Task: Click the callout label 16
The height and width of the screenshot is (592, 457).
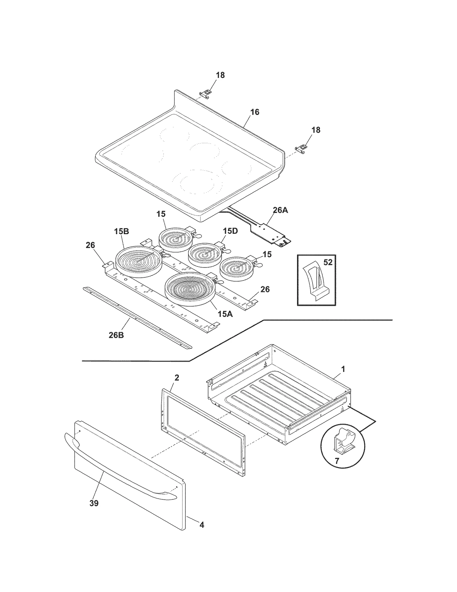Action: point(255,112)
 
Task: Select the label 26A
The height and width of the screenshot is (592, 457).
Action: point(280,210)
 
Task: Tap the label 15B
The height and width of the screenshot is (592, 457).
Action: point(122,232)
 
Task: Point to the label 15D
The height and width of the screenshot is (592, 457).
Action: point(230,231)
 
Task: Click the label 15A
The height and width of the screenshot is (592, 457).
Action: point(225,314)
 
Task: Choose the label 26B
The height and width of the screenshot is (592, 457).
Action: point(116,335)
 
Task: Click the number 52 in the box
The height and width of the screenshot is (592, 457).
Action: point(328,262)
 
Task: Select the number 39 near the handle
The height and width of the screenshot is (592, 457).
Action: point(94,503)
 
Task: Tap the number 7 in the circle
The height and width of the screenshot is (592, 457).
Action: point(337,461)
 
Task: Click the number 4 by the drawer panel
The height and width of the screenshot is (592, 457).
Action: point(202,525)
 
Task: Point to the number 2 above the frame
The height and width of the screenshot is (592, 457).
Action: point(177,378)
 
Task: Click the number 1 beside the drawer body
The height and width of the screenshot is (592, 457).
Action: point(343,369)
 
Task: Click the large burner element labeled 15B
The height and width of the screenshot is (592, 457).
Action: point(139,262)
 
